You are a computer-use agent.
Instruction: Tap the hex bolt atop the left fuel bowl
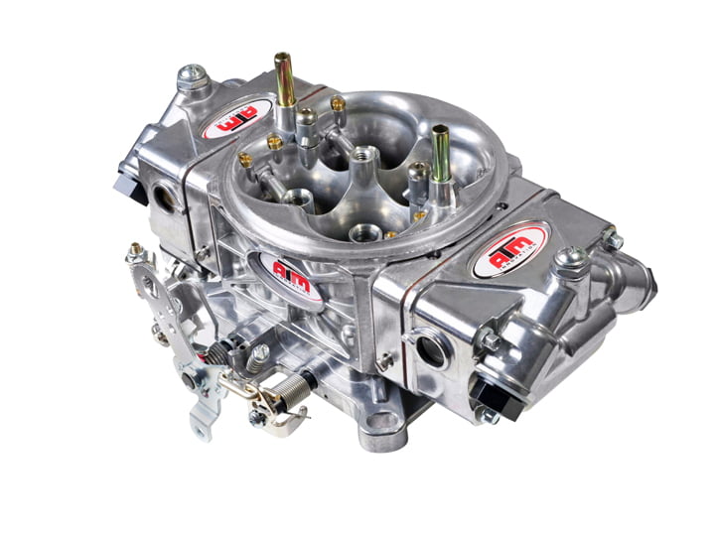(x=192, y=74)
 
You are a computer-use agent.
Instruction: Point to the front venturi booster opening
(x=363, y=234)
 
